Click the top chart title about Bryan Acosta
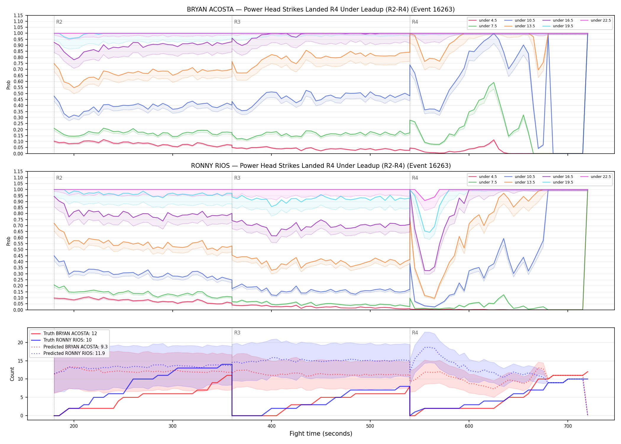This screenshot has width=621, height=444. click(321, 9)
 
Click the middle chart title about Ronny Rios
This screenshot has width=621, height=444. click(321, 166)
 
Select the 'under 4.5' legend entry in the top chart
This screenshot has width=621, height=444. click(483, 20)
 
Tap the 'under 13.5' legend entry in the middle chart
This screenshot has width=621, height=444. click(520, 182)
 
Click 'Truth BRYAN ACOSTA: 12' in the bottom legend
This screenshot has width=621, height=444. click(64, 334)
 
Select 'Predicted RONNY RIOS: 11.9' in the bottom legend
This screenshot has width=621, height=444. click(68, 353)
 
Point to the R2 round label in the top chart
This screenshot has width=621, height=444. click(59, 22)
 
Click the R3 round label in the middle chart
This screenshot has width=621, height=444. click(237, 178)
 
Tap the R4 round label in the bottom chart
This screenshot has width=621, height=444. click(415, 333)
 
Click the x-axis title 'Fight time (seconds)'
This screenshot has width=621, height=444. click(321, 434)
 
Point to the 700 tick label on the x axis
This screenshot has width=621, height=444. click(568, 426)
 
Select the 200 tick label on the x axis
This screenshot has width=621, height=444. click(74, 426)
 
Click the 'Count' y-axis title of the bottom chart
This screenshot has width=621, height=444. click(12, 374)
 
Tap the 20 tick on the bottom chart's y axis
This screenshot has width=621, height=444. click(20, 343)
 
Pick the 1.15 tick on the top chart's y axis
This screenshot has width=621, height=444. click(18, 15)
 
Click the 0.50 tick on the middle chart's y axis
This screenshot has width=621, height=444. click(18, 250)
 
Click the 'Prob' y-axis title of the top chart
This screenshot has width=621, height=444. click(9, 85)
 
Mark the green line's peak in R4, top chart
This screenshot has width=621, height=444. click(494, 82)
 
